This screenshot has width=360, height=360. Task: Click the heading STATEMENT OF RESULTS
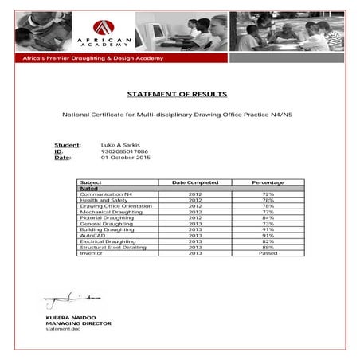[180, 94]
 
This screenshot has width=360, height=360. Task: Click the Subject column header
[91, 182]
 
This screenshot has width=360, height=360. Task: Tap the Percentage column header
[268, 182]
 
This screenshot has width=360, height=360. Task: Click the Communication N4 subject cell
[105, 193]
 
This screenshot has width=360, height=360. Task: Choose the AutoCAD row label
[92, 235]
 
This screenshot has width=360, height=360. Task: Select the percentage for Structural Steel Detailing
[268, 247]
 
